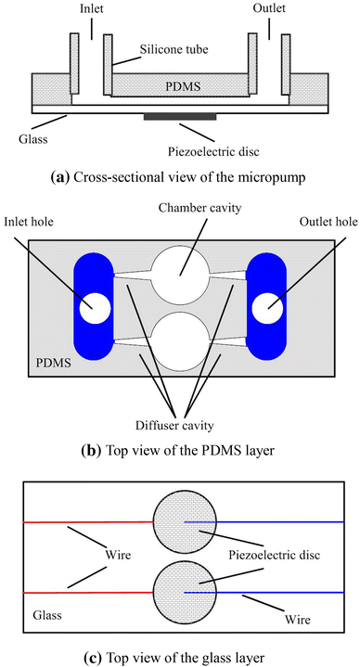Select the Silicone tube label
click(x=174, y=49)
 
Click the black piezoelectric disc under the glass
click(x=180, y=117)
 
